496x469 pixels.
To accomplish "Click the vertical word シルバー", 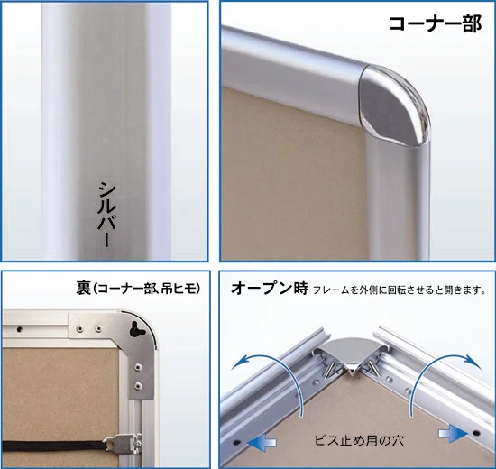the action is tap(105, 215).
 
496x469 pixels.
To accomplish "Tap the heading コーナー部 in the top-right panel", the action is tap(436, 23).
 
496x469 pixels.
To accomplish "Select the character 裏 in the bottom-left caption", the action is tap(83, 288).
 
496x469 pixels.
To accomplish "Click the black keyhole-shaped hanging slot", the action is tap(137, 329).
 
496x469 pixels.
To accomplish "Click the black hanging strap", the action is tap(54, 446).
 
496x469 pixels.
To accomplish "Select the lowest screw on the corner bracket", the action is tap(138, 385).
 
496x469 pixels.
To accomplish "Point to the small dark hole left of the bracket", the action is tap(19, 329).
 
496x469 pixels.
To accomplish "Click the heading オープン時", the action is tap(270, 288).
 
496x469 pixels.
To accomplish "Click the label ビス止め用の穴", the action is tap(359, 440).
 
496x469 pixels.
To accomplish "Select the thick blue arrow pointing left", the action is tap(262, 442).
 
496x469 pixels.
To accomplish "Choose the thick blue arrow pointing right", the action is tap(453, 433).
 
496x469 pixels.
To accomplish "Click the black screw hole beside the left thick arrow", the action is tap(237, 441).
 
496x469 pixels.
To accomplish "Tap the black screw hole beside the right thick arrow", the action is tap(477, 433).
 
